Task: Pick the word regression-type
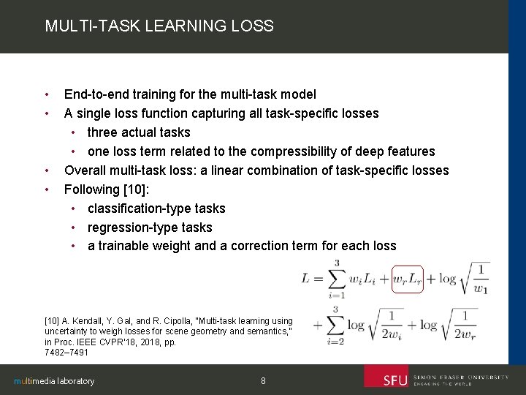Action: tap(129, 227)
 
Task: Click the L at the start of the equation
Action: tap(308, 279)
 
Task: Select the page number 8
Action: tap(263, 380)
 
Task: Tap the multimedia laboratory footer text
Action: tap(55, 381)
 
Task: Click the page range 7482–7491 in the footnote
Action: tap(66, 353)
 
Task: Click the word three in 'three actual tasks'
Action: tap(102, 132)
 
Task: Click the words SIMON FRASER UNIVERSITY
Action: tap(460, 377)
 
